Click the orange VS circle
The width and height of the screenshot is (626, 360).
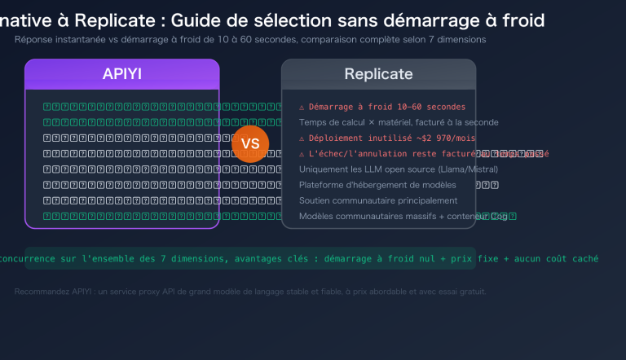250,143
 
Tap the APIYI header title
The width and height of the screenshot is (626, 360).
122,74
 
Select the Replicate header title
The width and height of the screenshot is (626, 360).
378,74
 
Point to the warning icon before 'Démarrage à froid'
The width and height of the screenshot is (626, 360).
302,107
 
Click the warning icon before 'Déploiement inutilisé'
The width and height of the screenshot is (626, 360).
302,138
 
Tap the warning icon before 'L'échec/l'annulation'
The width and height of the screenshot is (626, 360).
302,154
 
